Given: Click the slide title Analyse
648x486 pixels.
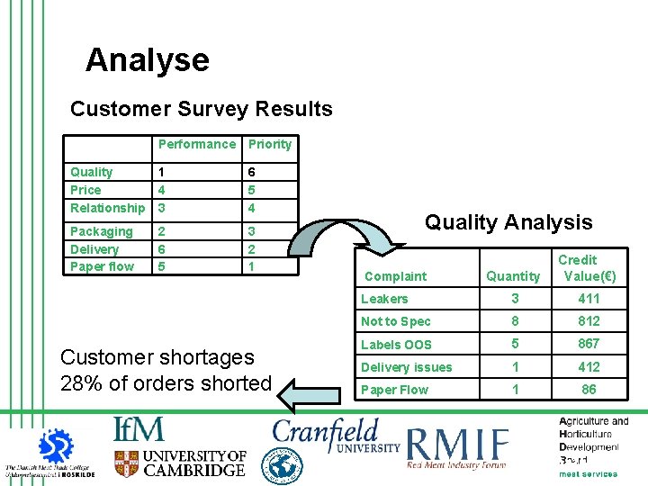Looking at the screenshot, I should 147,60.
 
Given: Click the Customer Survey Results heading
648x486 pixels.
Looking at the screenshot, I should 202,110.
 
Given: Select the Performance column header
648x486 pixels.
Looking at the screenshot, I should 196,144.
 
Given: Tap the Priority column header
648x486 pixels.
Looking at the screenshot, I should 270,144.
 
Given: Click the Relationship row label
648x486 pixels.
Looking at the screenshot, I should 107,208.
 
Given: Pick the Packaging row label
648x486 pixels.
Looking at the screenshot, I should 102,231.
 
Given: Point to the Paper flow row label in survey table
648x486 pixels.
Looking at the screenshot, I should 102,266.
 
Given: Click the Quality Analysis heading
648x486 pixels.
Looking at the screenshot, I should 508,222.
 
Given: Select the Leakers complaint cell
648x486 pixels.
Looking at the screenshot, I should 384,299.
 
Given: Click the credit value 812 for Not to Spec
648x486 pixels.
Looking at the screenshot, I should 589,321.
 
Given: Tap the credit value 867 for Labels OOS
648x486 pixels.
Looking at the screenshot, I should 589,344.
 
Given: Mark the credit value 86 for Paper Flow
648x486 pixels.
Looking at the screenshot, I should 589,390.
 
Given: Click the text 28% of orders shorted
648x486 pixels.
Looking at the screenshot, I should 166,382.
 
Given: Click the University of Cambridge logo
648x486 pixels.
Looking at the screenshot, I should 180,463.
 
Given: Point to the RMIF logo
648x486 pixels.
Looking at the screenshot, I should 458,447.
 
